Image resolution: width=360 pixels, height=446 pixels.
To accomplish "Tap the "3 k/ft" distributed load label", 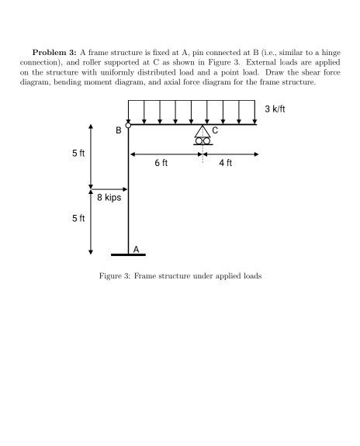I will pos(278,109).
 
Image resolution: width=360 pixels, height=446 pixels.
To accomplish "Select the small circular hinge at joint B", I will pos(129,125).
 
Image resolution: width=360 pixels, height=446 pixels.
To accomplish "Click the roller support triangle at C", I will pos(202,132).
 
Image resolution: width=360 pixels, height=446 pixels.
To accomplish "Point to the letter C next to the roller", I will pos(216,131).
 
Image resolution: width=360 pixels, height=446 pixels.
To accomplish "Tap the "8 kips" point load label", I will pos(109,199).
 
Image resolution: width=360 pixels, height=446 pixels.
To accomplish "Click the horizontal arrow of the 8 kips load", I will pos(109,188).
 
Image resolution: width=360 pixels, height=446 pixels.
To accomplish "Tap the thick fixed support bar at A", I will pos(129,254).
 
